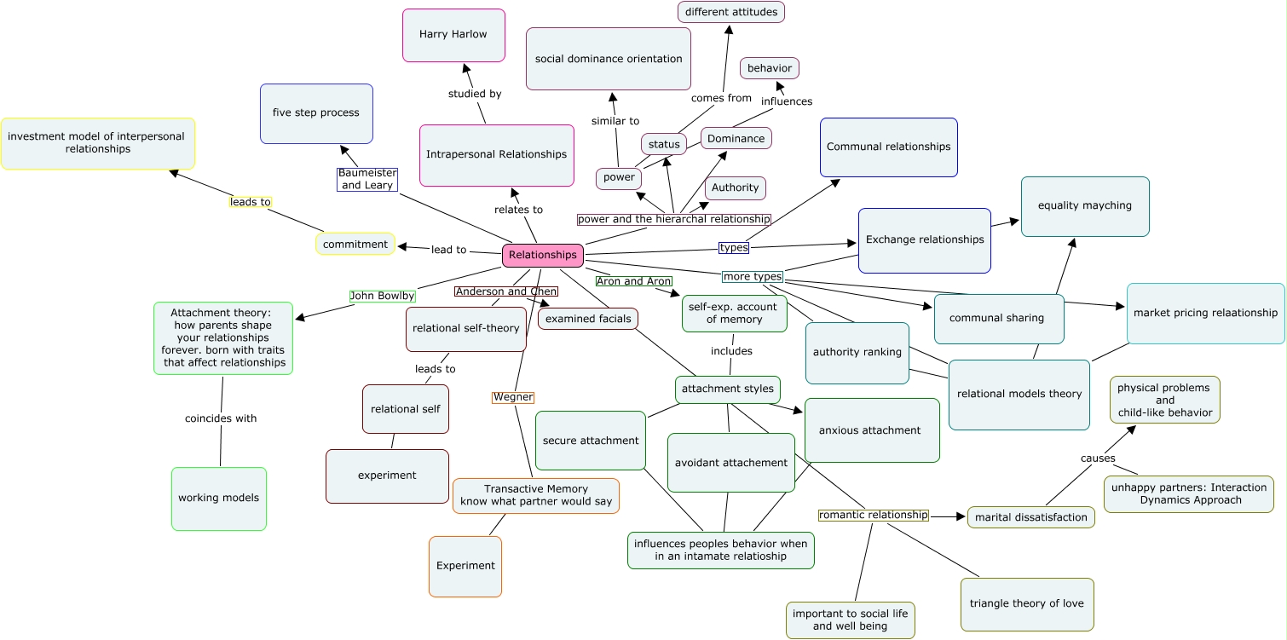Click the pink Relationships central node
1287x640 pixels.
(x=543, y=255)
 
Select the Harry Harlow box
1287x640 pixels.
(x=453, y=35)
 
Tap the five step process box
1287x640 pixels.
(x=316, y=113)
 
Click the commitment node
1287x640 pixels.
(x=355, y=244)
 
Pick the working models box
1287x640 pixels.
(x=219, y=499)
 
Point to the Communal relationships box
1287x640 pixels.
(x=889, y=147)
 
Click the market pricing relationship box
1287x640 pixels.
(x=1205, y=313)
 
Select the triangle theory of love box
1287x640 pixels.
(x=1027, y=604)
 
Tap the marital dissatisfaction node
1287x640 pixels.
(x=1031, y=517)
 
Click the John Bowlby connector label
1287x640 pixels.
(x=383, y=296)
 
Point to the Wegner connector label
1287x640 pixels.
(x=513, y=397)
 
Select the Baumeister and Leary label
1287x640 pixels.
(x=367, y=179)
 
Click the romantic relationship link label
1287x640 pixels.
(x=874, y=515)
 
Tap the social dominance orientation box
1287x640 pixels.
(x=609, y=59)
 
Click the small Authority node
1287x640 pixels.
(x=735, y=188)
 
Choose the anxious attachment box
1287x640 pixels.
(x=871, y=430)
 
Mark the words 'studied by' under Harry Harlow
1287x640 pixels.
(x=475, y=94)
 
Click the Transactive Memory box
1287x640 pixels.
(x=536, y=495)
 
